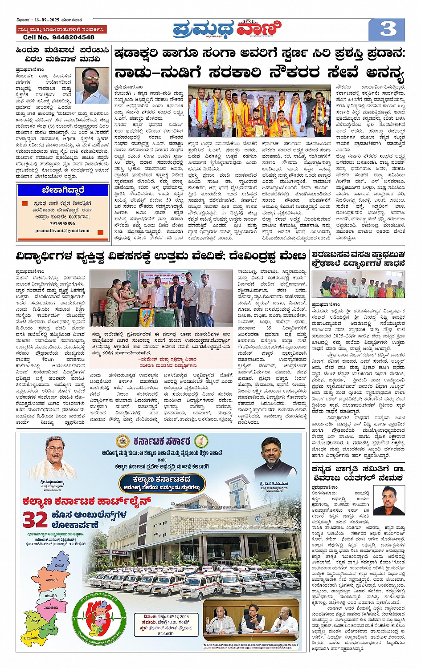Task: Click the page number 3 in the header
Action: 388,29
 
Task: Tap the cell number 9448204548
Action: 59,37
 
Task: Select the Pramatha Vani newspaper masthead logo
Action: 228,29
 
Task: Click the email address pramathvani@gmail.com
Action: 62,231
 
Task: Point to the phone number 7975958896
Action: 62,223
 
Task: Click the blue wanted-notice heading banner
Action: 63,190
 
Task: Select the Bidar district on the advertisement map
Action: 59,565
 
